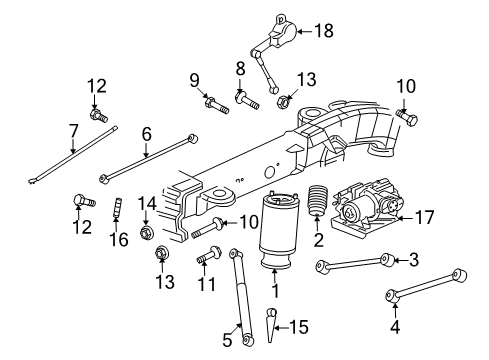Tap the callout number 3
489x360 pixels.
[414, 261]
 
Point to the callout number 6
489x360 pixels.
[146, 131]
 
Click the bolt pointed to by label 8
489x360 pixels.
[245, 98]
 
